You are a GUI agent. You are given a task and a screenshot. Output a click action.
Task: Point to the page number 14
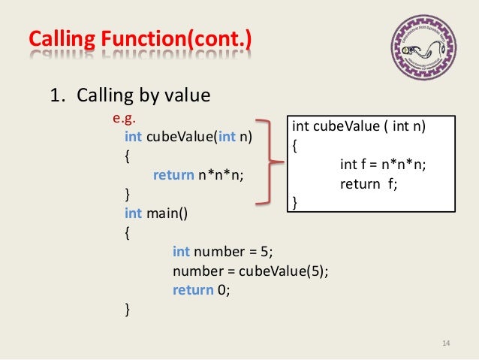point(445,343)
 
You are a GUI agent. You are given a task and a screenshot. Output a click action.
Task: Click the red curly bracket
point(270,162)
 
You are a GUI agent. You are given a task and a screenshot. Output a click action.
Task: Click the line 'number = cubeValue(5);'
point(250,271)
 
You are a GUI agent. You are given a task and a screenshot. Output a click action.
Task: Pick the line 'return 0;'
point(200,289)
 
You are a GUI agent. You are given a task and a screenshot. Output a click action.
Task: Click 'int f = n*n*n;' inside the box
point(383,165)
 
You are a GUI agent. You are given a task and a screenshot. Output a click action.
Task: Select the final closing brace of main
point(127,308)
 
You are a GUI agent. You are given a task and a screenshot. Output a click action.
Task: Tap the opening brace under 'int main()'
point(127,232)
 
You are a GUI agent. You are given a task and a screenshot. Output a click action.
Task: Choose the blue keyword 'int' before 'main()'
point(133,213)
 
